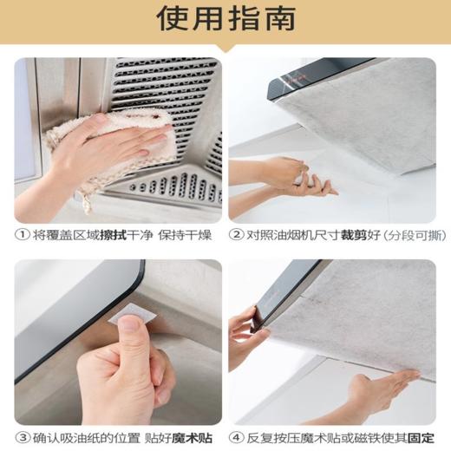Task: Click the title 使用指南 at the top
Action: tap(225, 19)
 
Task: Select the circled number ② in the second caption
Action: tap(237, 234)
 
